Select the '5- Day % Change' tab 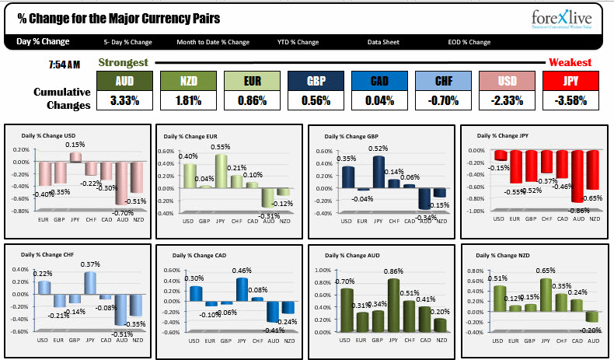(127, 42)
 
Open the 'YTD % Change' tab (298, 42)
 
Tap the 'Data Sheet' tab (384, 42)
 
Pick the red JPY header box (570, 80)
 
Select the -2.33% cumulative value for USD (507, 100)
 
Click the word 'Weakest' (570, 62)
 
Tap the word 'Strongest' (125, 62)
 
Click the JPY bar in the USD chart (76, 157)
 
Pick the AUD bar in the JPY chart (577, 176)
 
